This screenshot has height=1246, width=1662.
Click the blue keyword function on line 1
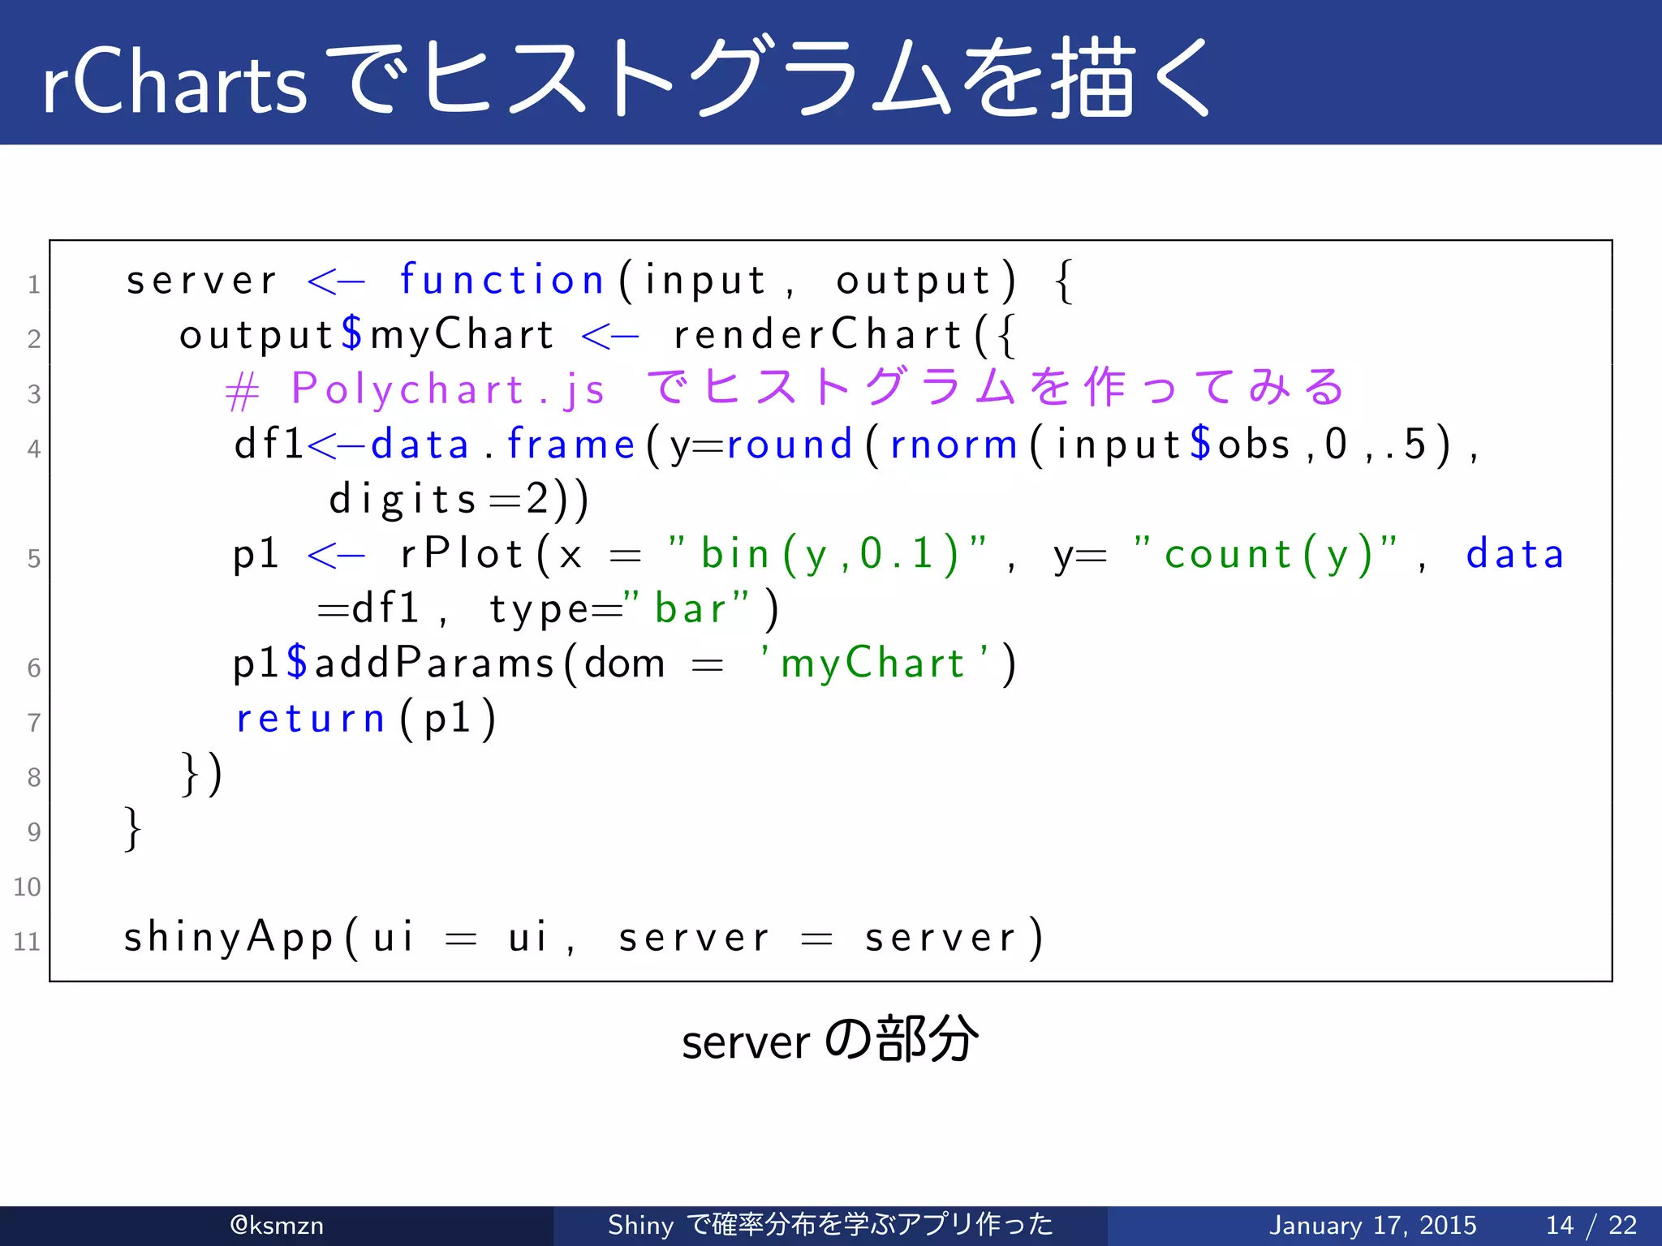click(x=502, y=281)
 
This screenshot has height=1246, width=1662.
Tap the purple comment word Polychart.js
click(x=448, y=389)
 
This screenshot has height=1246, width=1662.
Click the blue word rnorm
click(x=954, y=445)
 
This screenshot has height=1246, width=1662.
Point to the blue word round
click(x=790, y=445)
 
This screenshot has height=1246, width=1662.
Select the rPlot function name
click(x=462, y=555)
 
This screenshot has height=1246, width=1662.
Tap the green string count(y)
click(x=1268, y=555)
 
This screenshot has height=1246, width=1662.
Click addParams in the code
click(x=434, y=664)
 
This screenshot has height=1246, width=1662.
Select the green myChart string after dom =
click(x=873, y=664)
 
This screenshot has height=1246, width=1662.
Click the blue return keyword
click(x=310, y=719)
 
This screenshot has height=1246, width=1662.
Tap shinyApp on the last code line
click(x=229, y=938)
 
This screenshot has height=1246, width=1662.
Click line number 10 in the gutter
click(x=27, y=887)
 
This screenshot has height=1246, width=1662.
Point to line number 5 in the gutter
click(x=33, y=558)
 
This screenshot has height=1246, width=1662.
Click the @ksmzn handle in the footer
click(x=277, y=1225)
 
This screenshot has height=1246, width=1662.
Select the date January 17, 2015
click(x=1372, y=1225)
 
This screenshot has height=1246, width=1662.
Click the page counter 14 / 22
click(x=1591, y=1225)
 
